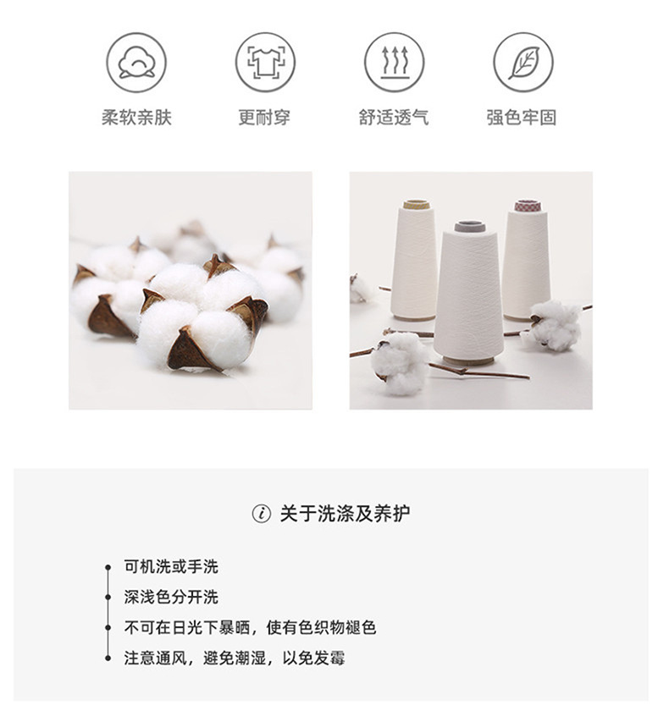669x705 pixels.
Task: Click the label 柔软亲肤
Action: [x=136, y=118]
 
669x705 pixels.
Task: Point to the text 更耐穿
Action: [x=264, y=118]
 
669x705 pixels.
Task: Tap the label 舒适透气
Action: [x=394, y=118]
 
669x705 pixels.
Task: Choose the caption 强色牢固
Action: [x=522, y=118]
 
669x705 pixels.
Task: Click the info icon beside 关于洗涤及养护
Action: [x=262, y=514]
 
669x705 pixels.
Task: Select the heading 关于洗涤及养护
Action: [x=345, y=514]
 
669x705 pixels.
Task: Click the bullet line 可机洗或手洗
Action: [x=171, y=567]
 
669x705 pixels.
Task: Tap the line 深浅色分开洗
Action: [x=171, y=598]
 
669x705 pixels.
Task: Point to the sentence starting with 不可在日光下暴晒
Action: [x=250, y=628]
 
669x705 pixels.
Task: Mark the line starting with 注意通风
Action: [x=235, y=658]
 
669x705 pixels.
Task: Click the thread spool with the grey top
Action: [x=469, y=288]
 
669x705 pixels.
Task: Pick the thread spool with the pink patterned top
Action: [x=527, y=258]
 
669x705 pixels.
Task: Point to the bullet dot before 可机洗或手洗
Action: [x=108, y=567]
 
